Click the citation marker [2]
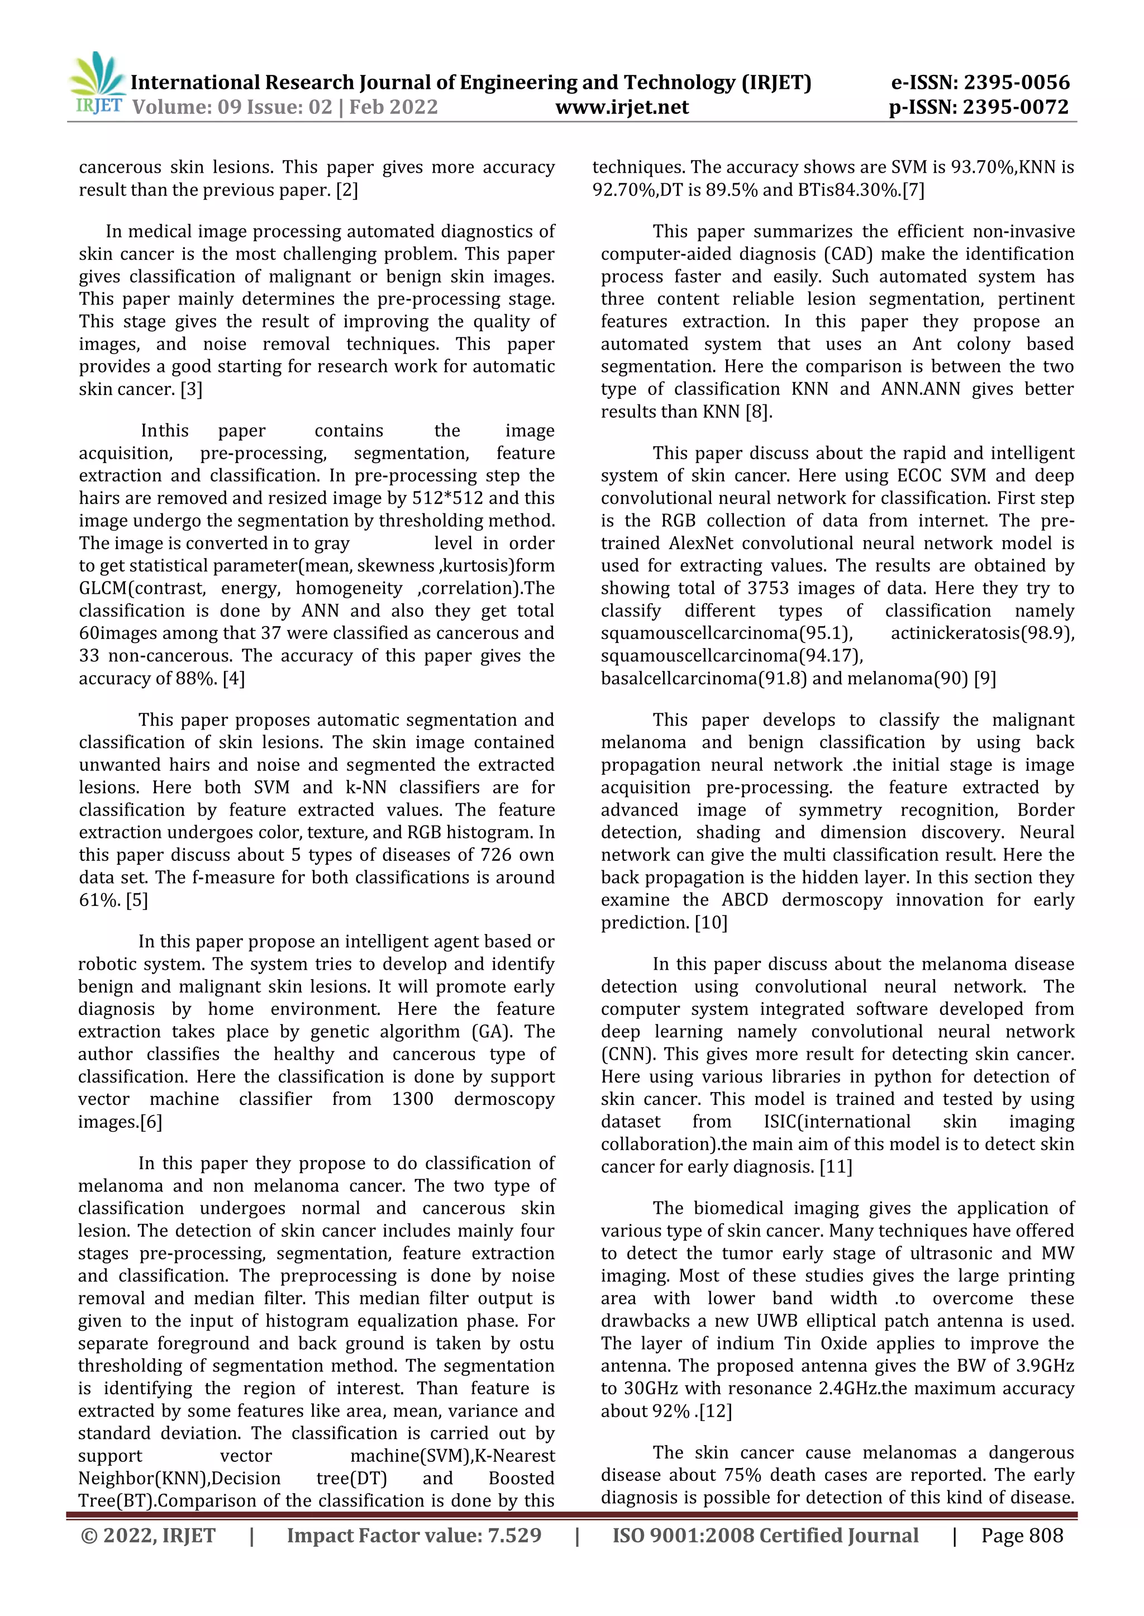346,190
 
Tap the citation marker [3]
191,389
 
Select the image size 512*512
447,498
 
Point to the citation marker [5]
137,900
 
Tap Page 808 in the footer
1022,1536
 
